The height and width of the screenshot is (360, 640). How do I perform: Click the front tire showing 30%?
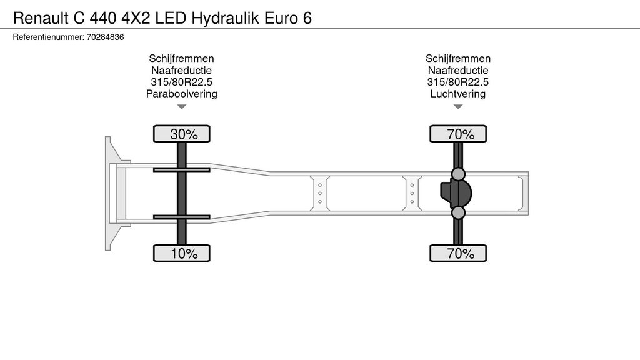182,134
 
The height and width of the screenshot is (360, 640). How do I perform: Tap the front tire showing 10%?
182,253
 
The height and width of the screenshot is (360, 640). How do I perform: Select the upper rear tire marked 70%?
458,134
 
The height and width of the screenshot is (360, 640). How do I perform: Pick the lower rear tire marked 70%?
458,253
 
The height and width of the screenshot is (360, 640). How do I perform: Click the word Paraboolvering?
182,94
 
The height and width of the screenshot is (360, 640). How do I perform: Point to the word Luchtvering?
458,94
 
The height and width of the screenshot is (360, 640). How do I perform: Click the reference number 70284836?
105,37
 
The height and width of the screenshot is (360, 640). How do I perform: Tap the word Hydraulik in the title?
225,18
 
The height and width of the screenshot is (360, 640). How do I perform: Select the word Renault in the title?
41,18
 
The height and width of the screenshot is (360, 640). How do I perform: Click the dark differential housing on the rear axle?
456,193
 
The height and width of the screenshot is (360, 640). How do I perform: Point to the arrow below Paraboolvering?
182,107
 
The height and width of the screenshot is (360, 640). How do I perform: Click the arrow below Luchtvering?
458,107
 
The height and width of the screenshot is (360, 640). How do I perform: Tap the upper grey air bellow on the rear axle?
458,174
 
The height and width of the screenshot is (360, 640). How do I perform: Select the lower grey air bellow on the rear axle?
458,212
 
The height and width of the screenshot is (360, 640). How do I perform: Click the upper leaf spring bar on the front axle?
182,169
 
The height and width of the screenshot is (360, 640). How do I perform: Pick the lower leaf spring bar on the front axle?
182,217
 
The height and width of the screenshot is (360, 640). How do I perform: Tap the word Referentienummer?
48,37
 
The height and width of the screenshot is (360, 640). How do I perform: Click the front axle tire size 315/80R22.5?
182,82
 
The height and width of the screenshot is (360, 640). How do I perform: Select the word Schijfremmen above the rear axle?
458,58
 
